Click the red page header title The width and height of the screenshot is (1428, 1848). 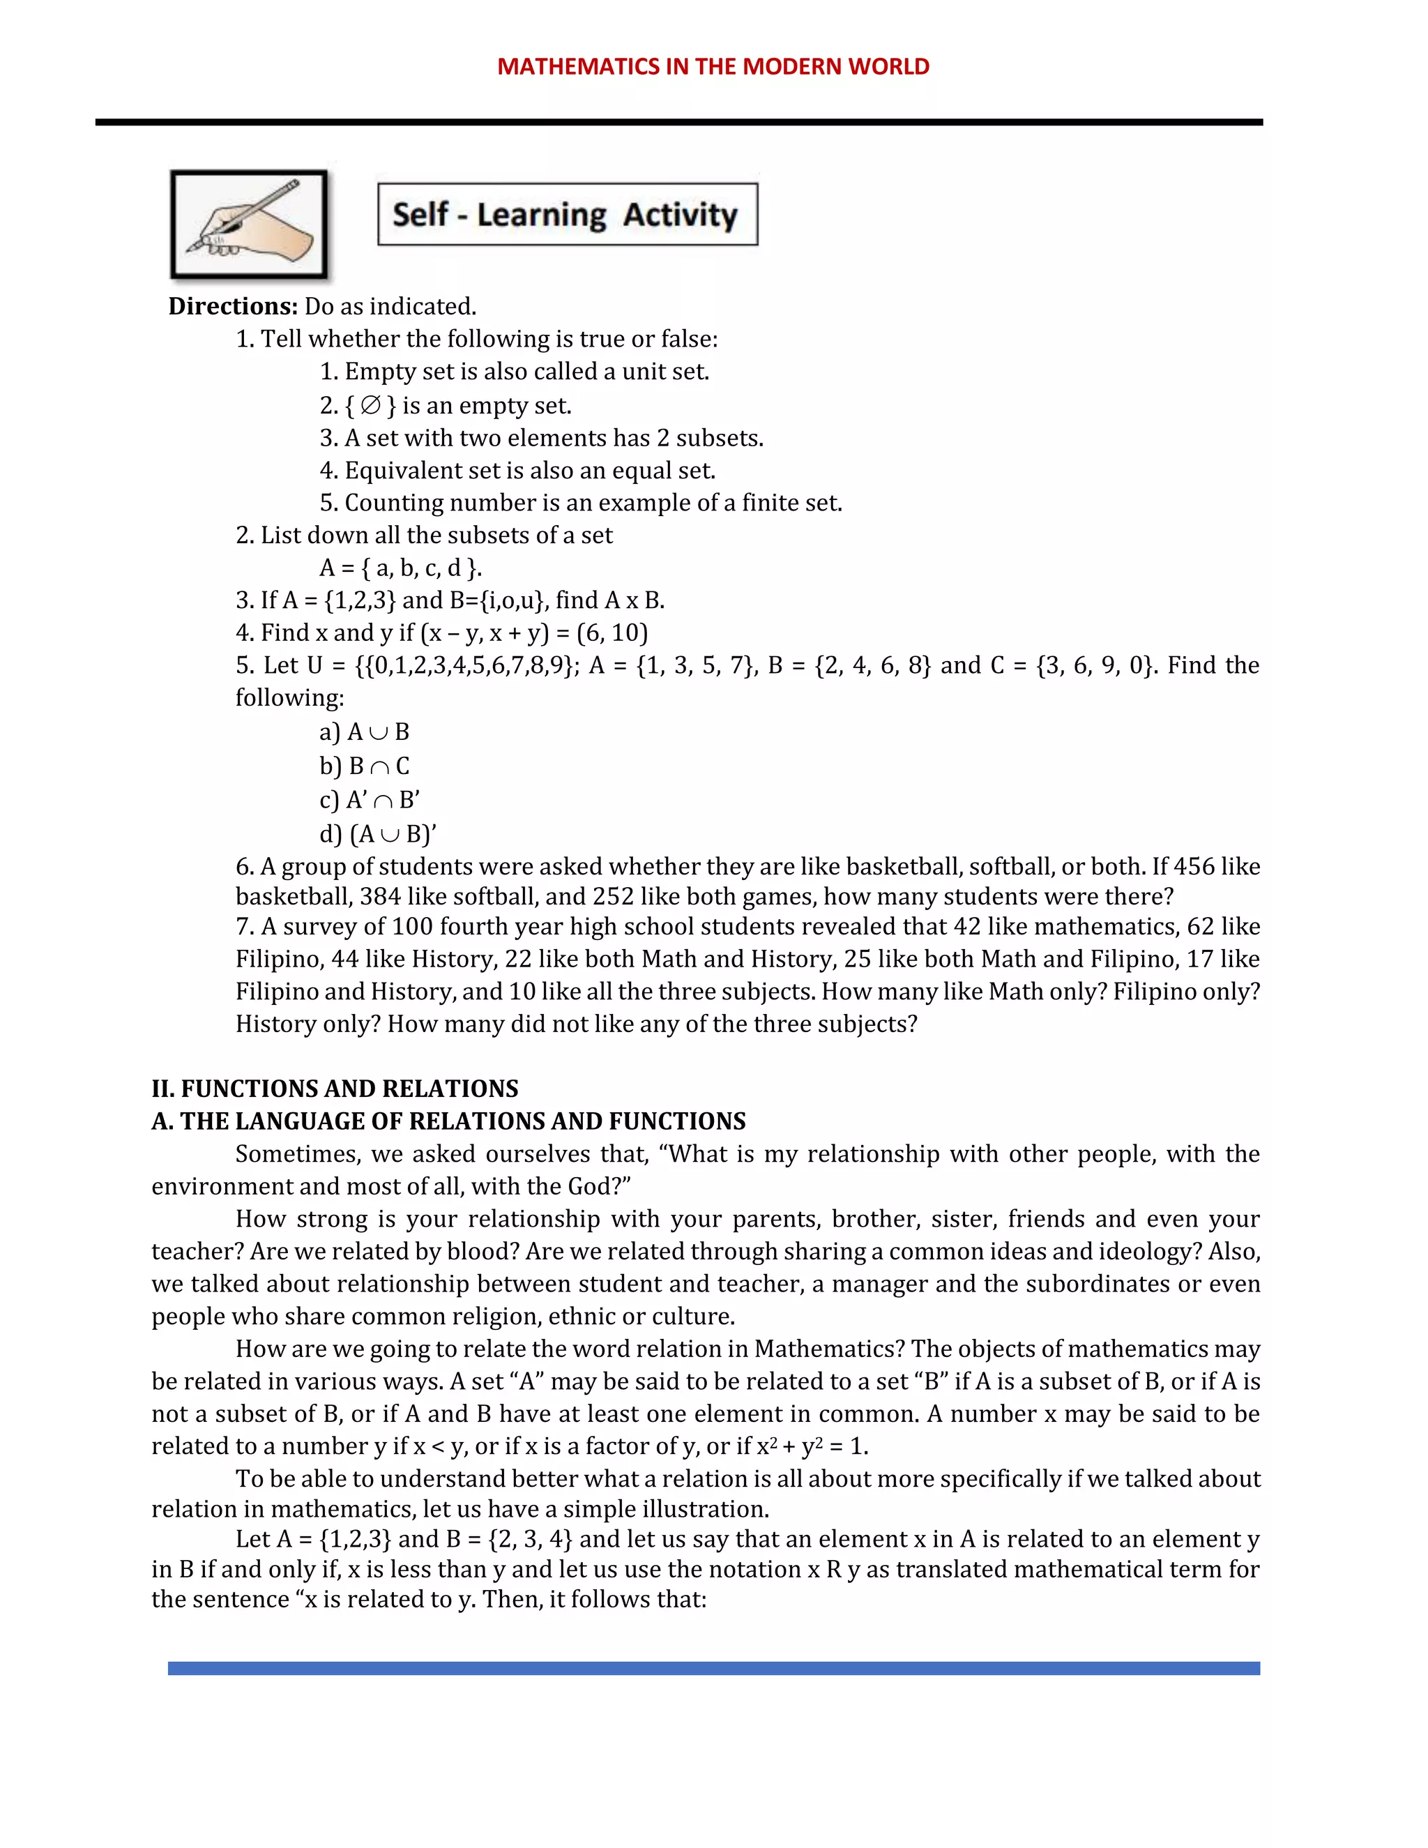[x=713, y=67]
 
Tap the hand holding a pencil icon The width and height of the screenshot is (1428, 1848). [x=249, y=225]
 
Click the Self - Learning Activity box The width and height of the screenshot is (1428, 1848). [x=568, y=215]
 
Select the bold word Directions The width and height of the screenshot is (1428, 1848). [x=233, y=306]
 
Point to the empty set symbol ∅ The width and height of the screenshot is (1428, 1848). [x=370, y=406]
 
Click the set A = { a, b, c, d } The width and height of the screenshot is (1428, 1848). [x=400, y=568]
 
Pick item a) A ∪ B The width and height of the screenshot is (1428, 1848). [x=365, y=732]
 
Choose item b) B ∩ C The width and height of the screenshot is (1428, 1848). [x=365, y=766]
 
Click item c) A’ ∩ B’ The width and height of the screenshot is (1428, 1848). [x=370, y=801]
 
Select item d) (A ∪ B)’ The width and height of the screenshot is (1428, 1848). [x=378, y=834]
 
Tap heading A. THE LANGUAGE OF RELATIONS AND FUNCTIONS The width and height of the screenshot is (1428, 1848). [x=448, y=1121]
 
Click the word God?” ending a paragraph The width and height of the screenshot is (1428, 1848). [x=599, y=1186]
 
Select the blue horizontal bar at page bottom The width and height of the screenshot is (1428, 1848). [x=713, y=1669]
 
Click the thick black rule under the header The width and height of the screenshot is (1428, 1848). [x=678, y=123]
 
